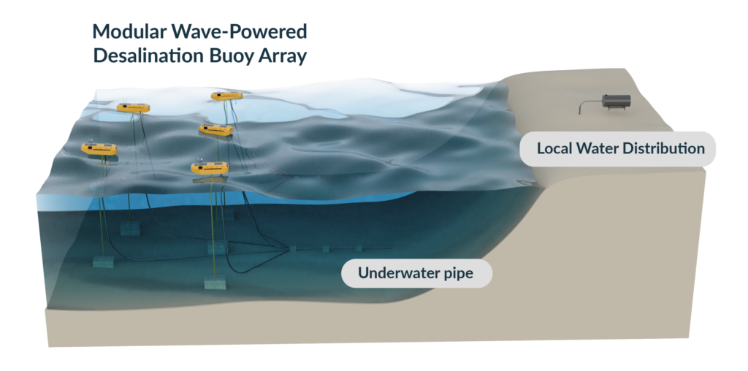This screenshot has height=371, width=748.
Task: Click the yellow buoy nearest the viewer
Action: click(210, 168)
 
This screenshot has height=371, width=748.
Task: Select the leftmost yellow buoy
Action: click(99, 149)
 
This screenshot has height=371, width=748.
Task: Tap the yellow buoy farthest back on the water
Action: click(226, 96)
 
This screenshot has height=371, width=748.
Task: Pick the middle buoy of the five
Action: click(216, 130)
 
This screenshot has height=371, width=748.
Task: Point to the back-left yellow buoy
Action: click(133, 108)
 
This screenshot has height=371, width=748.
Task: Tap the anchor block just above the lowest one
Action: click(217, 248)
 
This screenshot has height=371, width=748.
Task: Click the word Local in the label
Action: click(554, 149)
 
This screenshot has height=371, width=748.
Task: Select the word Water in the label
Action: click(597, 149)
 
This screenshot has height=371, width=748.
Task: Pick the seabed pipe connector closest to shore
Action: click(359, 249)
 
